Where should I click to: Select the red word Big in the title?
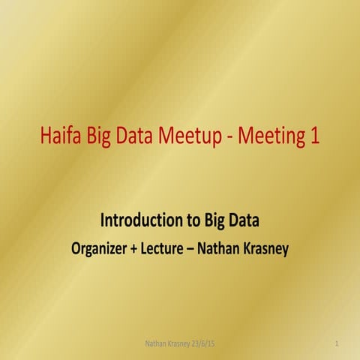tap(106, 137)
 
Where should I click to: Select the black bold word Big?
tap(217, 220)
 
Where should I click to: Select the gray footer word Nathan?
tap(156, 343)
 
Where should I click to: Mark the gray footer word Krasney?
tap(182, 343)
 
